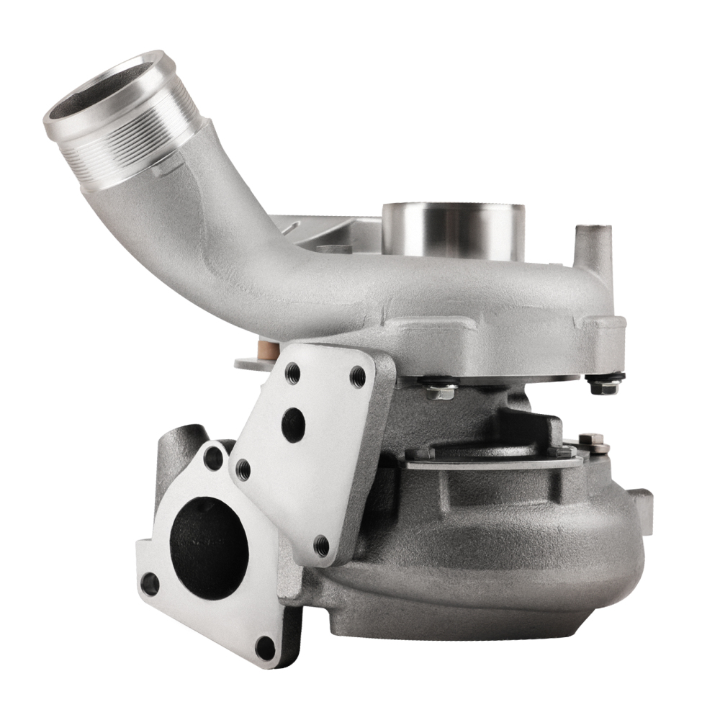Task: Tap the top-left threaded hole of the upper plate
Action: (x=292, y=372)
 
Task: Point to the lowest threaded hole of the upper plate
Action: (x=322, y=546)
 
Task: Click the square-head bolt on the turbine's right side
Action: (x=592, y=442)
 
